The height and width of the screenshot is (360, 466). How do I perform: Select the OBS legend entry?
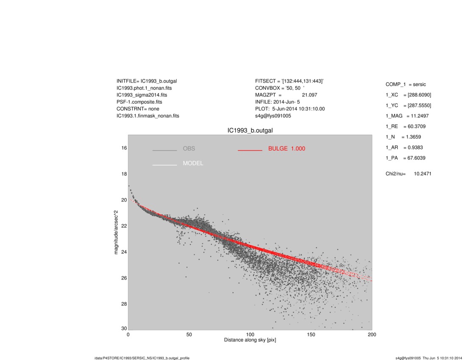pyautogui.click(x=189, y=149)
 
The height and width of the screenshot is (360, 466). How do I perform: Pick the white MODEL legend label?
pyautogui.click(x=193, y=163)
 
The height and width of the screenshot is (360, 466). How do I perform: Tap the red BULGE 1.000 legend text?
pyautogui.click(x=286, y=149)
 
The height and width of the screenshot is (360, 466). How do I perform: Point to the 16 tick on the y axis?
pyautogui.click(x=124, y=148)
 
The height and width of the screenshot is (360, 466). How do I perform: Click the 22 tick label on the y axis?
pyautogui.click(x=124, y=226)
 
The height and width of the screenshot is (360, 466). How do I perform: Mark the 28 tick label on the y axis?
pyautogui.click(x=124, y=304)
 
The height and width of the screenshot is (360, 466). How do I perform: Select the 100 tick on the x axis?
pyautogui.click(x=250, y=335)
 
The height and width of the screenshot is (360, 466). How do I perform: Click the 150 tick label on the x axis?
pyautogui.click(x=311, y=335)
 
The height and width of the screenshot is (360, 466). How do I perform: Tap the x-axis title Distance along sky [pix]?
pyautogui.click(x=250, y=341)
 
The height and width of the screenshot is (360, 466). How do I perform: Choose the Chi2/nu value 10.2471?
pyautogui.click(x=423, y=174)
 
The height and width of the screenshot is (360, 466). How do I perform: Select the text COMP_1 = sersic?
pyautogui.click(x=405, y=85)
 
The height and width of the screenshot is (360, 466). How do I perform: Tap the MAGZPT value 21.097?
pyautogui.click(x=309, y=95)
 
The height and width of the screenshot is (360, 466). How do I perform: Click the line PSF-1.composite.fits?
pyautogui.click(x=139, y=102)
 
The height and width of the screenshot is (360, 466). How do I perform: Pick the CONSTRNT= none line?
pyautogui.click(x=138, y=109)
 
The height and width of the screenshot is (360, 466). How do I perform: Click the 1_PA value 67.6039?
pyautogui.click(x=416, y=158)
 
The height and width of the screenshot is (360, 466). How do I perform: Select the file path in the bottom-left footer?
pyautogui.click(x=142, y=358)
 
